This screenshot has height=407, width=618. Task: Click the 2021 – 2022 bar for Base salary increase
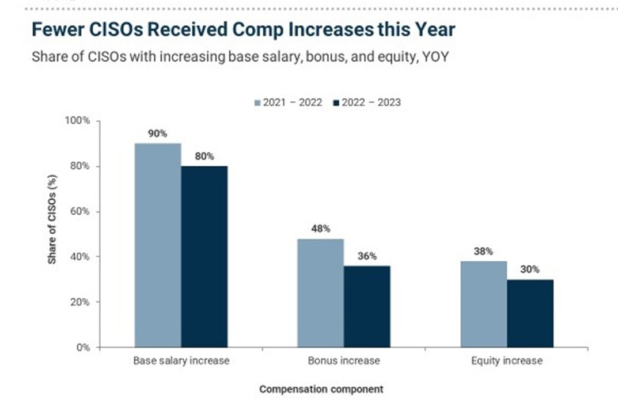tap(157, 245)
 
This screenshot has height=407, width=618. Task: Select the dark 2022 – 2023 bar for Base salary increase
tap(204, 257)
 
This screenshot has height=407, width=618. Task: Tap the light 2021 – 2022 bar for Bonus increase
tap(320, 293)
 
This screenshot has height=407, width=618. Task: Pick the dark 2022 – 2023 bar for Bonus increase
tap(367, 306)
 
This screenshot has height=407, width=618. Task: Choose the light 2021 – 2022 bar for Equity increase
tap(483, 304)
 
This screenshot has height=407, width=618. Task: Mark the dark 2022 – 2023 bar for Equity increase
tap(530, 313)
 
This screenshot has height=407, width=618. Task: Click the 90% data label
tap(157, 134)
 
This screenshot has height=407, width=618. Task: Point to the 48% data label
tap(320, 229)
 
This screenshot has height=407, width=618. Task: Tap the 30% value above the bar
tap(530, 269)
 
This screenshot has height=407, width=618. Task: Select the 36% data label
tap(367, 256)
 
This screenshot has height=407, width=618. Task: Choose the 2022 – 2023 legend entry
tap(367, 102)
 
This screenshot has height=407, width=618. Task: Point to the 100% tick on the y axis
tap(78, 121)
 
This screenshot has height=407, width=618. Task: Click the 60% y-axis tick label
tap(80, 211)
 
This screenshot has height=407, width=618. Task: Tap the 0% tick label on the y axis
tap(83, 347)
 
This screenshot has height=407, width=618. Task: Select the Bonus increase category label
tap(344, 361)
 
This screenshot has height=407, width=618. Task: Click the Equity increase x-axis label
tap(507, 361)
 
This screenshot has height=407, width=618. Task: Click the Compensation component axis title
tap(321, 389)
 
